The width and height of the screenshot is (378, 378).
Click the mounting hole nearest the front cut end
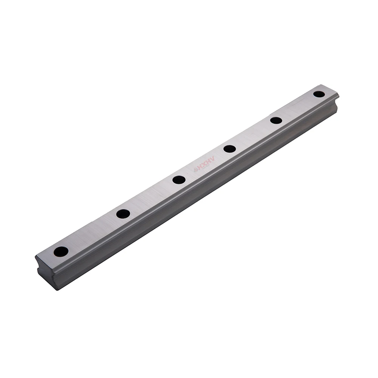click(61, 251)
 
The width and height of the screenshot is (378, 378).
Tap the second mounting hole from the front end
click(123, 214)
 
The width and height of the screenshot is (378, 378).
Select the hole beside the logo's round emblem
click(179, 180)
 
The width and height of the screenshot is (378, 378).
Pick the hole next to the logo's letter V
click(229, 149)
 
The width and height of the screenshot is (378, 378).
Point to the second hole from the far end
click(276, 121)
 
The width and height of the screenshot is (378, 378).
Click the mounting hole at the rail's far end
click(319, 94)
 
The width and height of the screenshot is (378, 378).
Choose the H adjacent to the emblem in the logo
click(199, 168)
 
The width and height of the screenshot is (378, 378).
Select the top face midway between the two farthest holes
click(298, 107)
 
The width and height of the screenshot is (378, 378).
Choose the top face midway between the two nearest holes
click(92, 232)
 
